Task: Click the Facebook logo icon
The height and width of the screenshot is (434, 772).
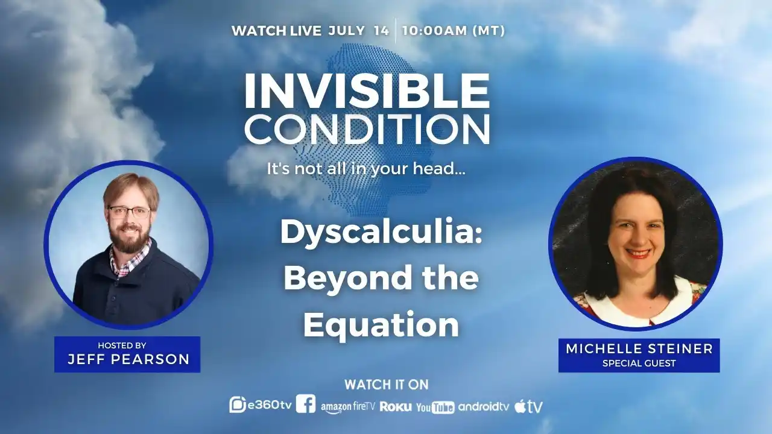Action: click(x=306, y=404)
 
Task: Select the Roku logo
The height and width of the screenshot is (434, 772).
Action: click(x=395, y=407)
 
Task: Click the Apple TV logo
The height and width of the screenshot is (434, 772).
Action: click(x=529, y=406)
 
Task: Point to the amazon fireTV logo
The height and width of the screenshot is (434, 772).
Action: click(x=348, y=407)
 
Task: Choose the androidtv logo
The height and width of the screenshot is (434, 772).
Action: click(x=484, y=407)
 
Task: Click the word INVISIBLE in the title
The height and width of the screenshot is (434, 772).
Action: click(x=367, y=90)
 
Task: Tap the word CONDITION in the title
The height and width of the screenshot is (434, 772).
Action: click(x=367, y=129)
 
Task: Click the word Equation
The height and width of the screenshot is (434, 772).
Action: click(x=381, y=324)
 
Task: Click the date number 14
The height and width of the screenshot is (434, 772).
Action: click(x=382, y=31)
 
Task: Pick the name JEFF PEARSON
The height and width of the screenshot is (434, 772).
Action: click(x=128, y=359)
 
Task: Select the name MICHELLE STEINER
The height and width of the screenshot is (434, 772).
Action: click(x=639, y=348)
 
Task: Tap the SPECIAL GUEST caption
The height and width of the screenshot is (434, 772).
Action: click(x=639, y=363)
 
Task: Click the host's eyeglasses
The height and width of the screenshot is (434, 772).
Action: click(x=129, y=212)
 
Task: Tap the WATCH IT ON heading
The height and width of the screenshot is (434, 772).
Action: click(x=387, y=385)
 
